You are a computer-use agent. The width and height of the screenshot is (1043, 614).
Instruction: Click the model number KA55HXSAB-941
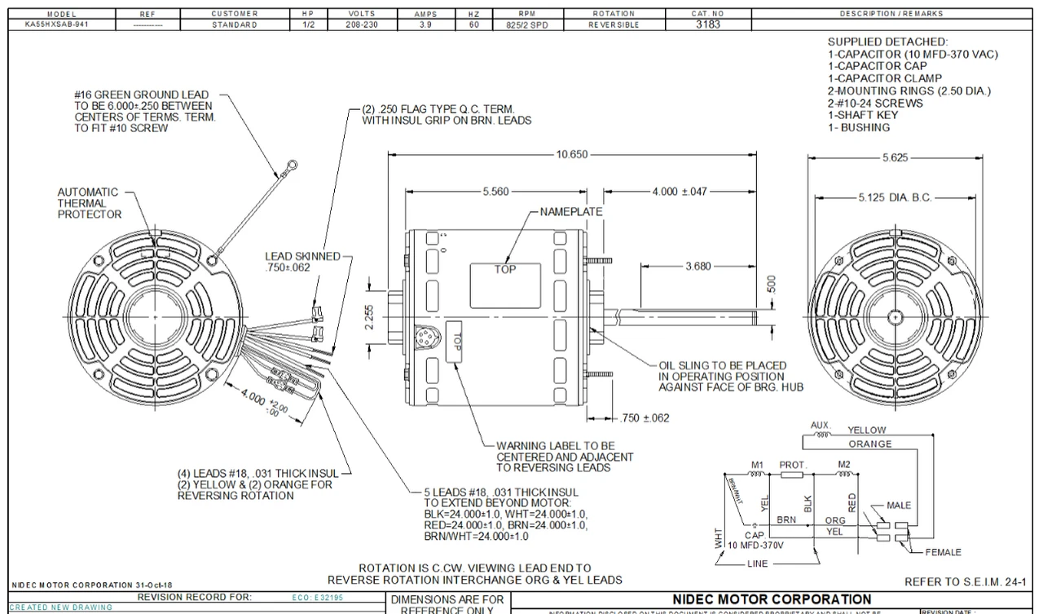56,24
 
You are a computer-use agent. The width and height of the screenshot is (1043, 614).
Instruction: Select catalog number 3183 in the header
707,24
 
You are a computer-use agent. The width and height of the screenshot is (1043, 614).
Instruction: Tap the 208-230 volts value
361,24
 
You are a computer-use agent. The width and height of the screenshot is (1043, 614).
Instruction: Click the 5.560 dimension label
495,192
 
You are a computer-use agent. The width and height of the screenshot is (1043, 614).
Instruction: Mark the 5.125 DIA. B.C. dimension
894,197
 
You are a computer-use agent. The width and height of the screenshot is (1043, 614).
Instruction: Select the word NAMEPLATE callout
571,212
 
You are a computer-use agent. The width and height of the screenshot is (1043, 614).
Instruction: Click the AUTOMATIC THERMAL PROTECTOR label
89,203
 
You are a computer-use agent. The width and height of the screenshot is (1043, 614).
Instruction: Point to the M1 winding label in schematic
757,465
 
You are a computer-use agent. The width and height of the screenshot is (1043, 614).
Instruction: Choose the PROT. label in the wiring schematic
793,465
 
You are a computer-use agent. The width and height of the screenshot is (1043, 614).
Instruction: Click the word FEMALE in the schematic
943,552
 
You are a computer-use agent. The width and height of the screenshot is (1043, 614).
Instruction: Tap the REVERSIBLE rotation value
614,24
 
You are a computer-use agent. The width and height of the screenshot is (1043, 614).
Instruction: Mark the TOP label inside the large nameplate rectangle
505,270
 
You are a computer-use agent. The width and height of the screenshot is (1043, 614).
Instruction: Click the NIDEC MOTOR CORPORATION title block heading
772,599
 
